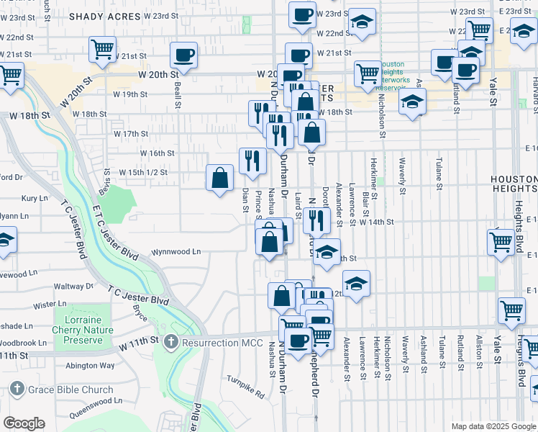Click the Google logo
coord(24,423)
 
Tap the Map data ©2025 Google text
coord(493,426)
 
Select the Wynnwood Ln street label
coord(175,253)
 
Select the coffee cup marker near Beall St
coord(185,55)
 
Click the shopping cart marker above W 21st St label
coord(102,50)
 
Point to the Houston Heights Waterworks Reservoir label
coord(394,76)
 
